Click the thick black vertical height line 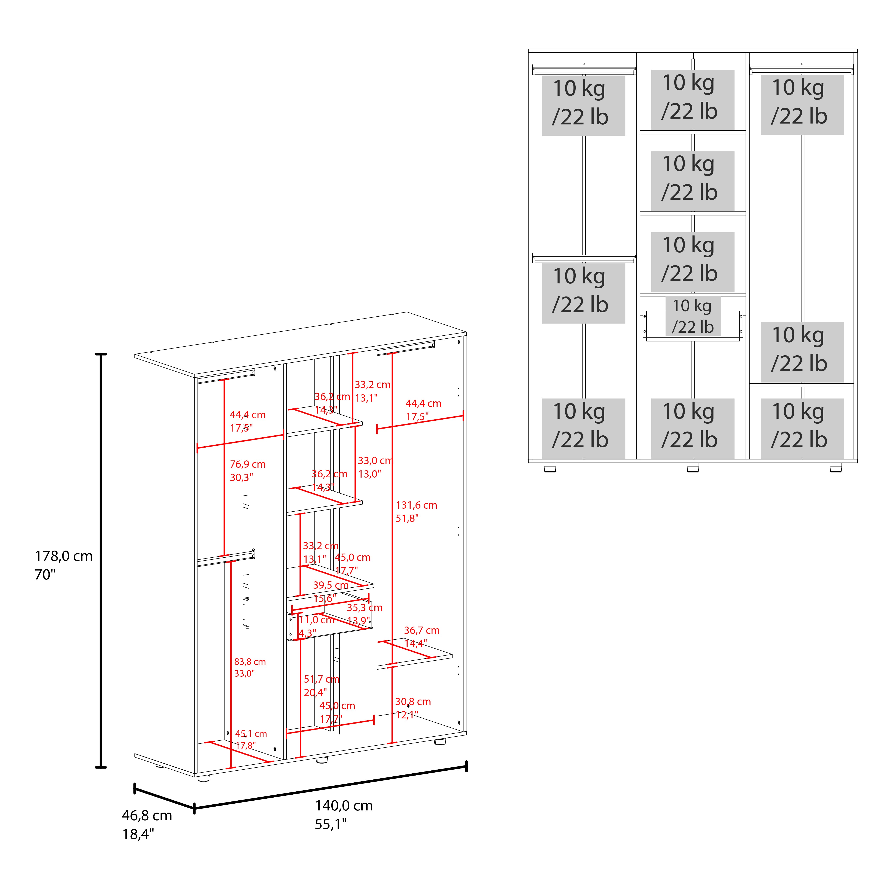pyautogui.click(x=101, y=561)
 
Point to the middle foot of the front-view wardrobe pyautogui.click(x=692, y=468)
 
